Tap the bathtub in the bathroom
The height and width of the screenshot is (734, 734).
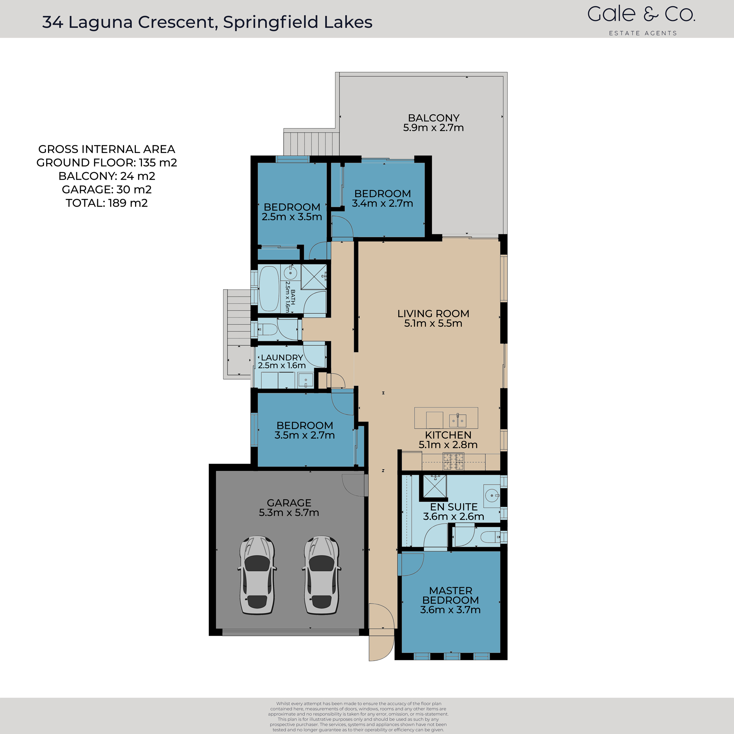[x=269, y=289]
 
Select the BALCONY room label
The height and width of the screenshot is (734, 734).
[x=433, y=118]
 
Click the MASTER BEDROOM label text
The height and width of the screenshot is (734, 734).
[x=451, y=595]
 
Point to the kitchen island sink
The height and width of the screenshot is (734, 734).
[x=457, y=421]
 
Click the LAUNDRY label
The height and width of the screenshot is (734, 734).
[x=282, y=357]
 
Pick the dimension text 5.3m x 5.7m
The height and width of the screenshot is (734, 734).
[x=289, y=512]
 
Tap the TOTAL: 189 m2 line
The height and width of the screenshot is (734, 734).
[x=107, y=203]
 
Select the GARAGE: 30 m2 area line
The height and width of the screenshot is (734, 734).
[x=107, y=190]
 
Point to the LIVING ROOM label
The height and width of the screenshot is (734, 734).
[x=433, y=313]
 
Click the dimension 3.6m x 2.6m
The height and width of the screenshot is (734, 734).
[x=453, y=517]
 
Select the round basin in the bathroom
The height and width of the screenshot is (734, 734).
[x=291, y=273]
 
